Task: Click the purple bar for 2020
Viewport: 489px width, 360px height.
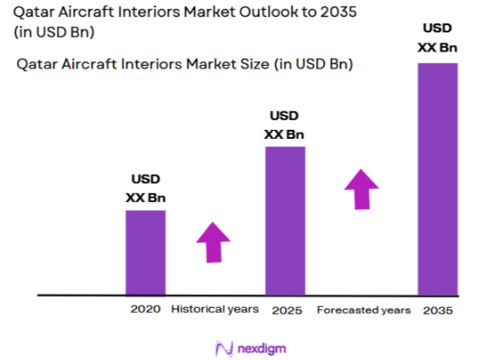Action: click(145, 252)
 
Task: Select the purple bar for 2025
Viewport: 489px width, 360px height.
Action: click(284, 220)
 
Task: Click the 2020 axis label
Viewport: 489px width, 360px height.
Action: click(145, 309)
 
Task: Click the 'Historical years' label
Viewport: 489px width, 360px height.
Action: click(214, 309)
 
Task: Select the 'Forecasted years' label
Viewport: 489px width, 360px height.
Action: click(364, 309)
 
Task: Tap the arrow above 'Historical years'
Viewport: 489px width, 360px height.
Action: click(214, 241)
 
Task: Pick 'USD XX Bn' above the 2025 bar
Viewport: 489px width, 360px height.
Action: click(284, 126)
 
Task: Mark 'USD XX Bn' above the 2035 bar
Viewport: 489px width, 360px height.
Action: click(437, 38)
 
